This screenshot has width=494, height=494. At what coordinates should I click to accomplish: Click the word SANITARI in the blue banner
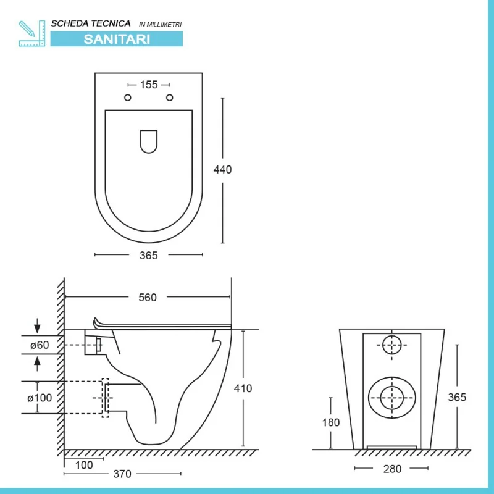(x=117, y=39)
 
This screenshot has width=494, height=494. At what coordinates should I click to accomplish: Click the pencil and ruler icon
(x=32, y=33)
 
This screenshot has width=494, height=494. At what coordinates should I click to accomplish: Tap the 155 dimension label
(x=149, y=85)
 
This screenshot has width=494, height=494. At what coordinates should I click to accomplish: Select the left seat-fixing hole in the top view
(x=128, y=98)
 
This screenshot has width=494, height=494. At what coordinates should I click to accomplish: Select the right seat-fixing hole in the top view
(x=169, y=98)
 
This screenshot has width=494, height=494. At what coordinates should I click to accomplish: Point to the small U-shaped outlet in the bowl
(x=149, y=141)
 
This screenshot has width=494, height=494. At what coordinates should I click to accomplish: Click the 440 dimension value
(x=222, y=169)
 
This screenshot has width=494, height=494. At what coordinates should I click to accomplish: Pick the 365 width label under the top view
(x=148, y=256)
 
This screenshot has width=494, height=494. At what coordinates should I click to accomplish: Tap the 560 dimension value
(x=148, y=298)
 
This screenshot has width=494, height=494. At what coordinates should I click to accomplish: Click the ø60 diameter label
(x=40, y=345)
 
